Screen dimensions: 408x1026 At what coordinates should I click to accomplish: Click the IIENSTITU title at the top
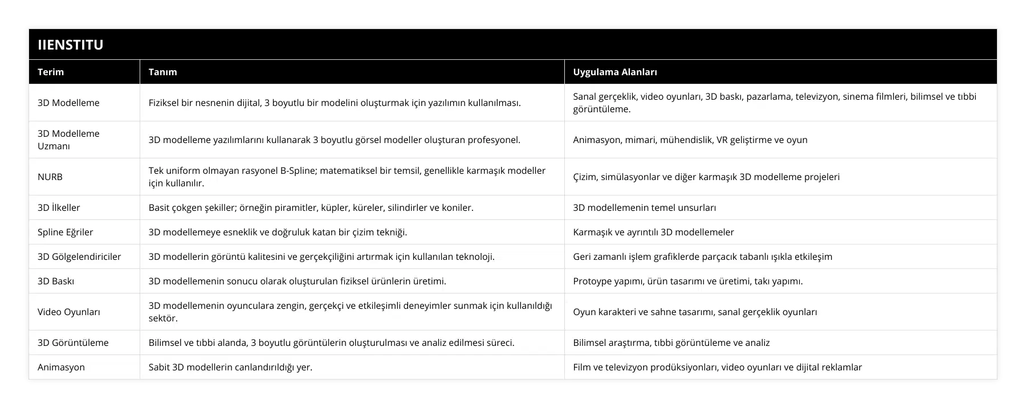70,45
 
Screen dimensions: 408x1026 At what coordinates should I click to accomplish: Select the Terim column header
51,72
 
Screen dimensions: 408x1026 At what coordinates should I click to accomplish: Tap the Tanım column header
162,72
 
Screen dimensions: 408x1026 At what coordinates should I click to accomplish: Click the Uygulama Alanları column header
614,72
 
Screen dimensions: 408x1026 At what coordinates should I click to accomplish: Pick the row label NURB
50,177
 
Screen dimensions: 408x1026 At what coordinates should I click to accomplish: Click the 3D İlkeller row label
59,207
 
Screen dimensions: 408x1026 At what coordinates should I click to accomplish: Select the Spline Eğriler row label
65,232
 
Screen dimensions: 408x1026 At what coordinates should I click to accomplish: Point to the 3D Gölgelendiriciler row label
79,256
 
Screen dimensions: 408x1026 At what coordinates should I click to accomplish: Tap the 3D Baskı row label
56,281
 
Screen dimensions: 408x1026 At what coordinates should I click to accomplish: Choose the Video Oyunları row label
69,312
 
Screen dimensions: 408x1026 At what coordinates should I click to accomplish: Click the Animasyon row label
61,367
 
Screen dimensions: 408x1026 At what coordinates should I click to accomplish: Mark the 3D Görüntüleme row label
73,342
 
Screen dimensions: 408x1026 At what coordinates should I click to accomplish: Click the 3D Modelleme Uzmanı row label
68,140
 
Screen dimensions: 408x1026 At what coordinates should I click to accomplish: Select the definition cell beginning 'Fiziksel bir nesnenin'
334,103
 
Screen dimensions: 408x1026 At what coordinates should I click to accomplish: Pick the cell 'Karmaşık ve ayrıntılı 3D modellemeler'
653,232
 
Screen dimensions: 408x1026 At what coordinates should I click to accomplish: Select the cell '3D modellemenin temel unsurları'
644,207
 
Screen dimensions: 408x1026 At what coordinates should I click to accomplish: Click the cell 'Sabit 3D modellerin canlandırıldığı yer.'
230,367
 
